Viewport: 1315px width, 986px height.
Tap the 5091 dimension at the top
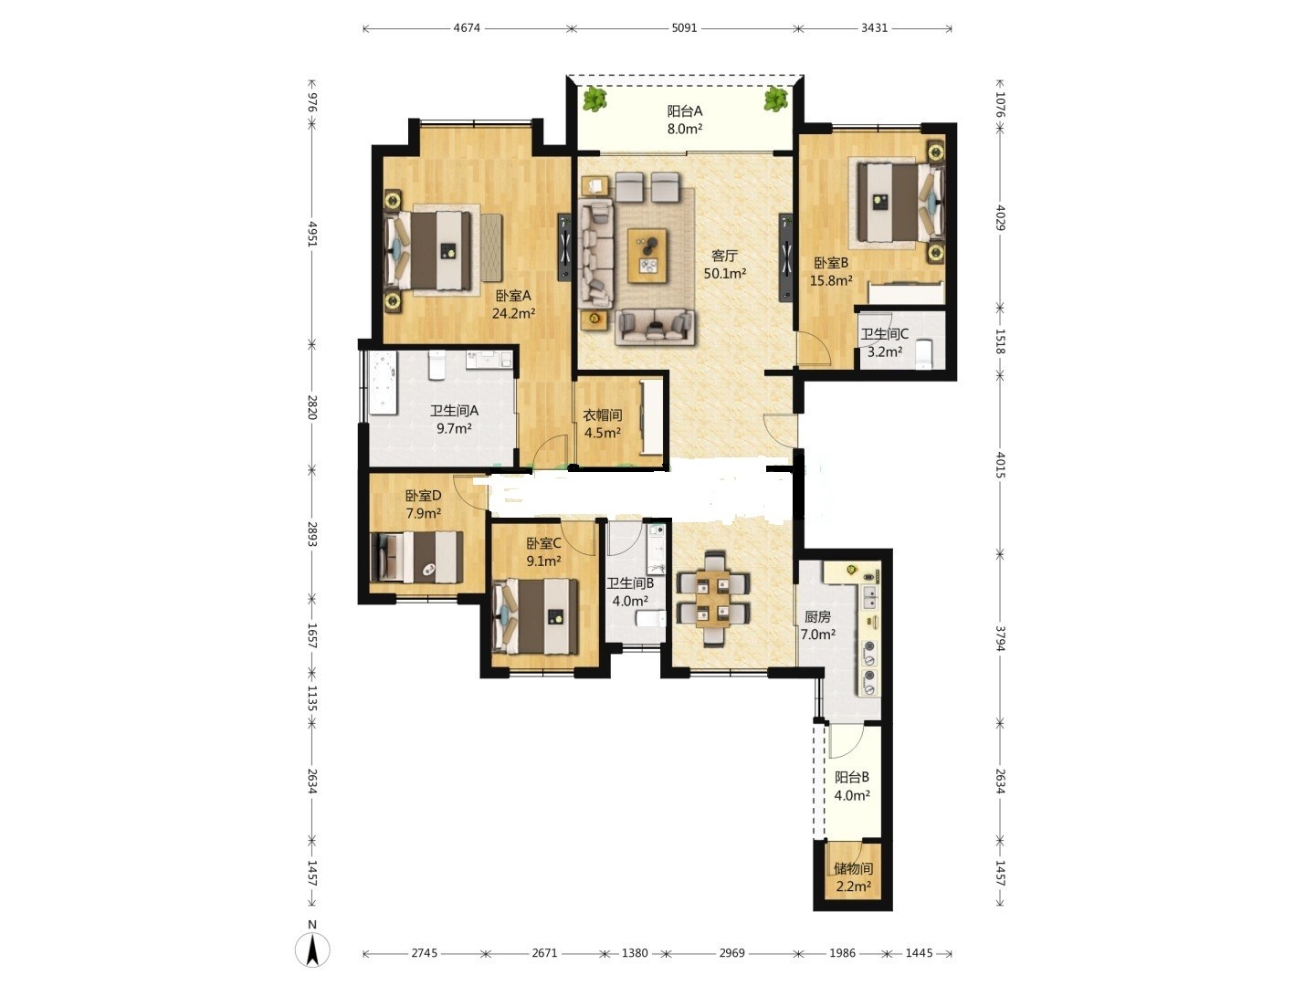click(x=684, y=28)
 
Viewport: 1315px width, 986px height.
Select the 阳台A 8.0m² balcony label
click(x=685, y=120)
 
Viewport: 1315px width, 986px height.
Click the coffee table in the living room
click(x=647, y=255)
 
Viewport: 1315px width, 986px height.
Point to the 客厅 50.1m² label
click(x=725, y=265)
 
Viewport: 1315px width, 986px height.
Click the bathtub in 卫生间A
click(x=384, y=383)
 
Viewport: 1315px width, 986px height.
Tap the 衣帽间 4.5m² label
click(x=602, y=424)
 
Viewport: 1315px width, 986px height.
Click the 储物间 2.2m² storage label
click(x=853, y=877)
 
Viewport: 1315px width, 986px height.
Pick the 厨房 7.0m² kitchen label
click(x=817, y=625)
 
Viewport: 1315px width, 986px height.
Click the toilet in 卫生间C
click(x=925, y=354)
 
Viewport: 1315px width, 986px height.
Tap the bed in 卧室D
click(x=416, y=557)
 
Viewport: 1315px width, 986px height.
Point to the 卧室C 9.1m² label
click(x=543, y=552)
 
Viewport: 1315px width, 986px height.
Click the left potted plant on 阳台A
click(x=594, y=99)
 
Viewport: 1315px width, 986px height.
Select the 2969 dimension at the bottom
click(x=731, y=952)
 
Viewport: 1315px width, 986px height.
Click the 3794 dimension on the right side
click(x=999, y=638)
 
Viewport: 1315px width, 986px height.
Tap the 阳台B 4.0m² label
click(x=852, y=786)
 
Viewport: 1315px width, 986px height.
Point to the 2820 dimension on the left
click(x=311, y=407)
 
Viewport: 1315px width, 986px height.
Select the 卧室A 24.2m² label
click(x=513, y=304)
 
